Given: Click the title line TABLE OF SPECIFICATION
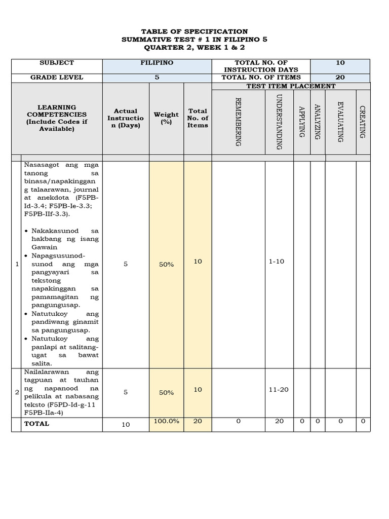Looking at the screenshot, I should click(194, 31).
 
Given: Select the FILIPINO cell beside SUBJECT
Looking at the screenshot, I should click(157, 63).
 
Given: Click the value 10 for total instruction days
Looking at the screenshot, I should click(340, 63).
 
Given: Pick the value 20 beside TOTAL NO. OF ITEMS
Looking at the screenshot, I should click(340, 78).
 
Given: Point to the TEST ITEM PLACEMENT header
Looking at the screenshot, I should click(291, 86).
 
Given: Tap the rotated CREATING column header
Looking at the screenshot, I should click(363, 122).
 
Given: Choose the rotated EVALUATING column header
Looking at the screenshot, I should click(340, 122).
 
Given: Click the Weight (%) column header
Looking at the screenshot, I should click(166, 118).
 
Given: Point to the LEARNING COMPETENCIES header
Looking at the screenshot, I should click(57, 118).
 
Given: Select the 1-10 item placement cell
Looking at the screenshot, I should click(277, 262).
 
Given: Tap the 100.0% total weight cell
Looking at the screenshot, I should click(166, 421).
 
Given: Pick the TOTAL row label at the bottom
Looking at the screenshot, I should click(37, 424).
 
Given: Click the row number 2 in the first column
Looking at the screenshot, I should click(17, 392).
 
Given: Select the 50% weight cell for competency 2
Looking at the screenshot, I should click(166, 392).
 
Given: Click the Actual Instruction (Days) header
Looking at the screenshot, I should click(126, 118).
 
